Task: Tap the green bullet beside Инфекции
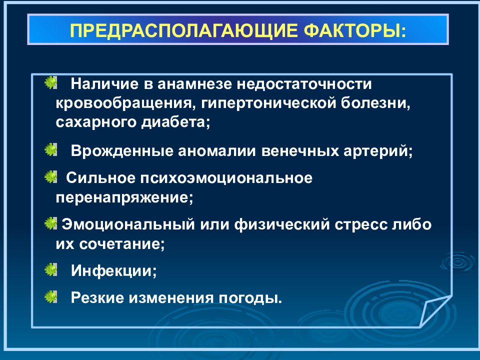(x=50, y=270)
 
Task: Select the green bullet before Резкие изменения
(x=50, y=297)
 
